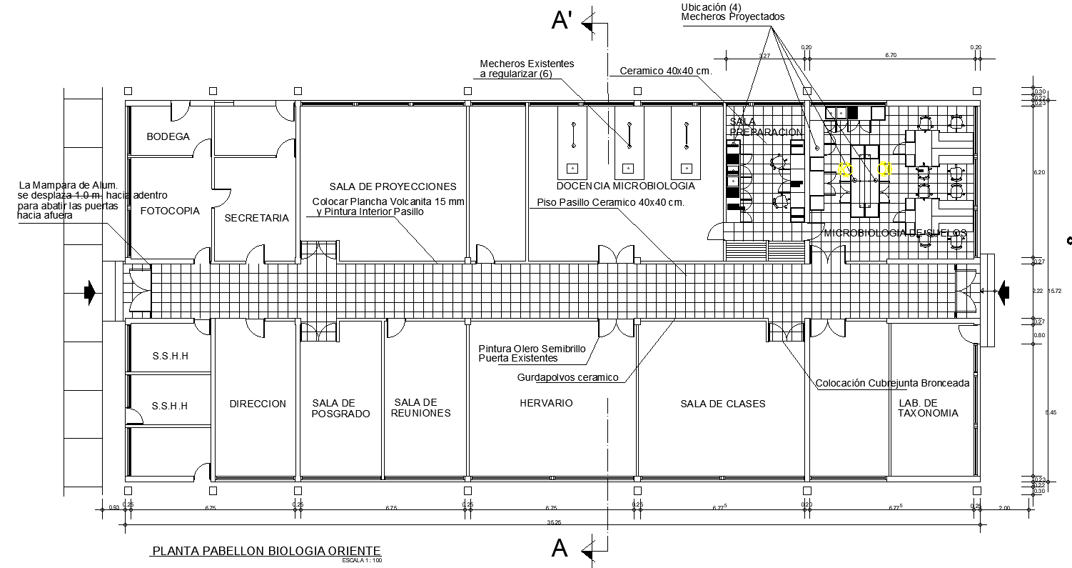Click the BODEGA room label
pyautogui.click(x=168, y=136)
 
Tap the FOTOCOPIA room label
pyautogui.click(x=170, y=211)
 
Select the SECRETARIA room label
pyautogui.click(x=256, y=218)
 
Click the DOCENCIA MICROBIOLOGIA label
pyautogui.click(x=625, y=186)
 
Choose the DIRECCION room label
pyautogui.click(x=258, y=404)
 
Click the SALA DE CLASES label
pyautogui.click(x=722, y=404)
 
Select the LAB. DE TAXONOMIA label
pyautogui.click(x=928, y=408)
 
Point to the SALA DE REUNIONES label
pyautogui.click(x=421, y=408)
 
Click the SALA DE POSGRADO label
pyautogui.click(x=341, y=409)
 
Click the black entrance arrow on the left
pyautogui.click(x=90, y=292)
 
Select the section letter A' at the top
pyautogui.click(x=562, y=21)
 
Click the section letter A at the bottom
pyautogui.click(x=560, y=549)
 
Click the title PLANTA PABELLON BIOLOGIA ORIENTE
pyautogui.click(x=266, y=551)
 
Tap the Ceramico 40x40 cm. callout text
pyautogui.click(x=666, y=71)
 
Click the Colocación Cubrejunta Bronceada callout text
pyautogui.click(x=892, y=383)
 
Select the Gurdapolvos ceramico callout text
pyautogui.click(x=567, y=377)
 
